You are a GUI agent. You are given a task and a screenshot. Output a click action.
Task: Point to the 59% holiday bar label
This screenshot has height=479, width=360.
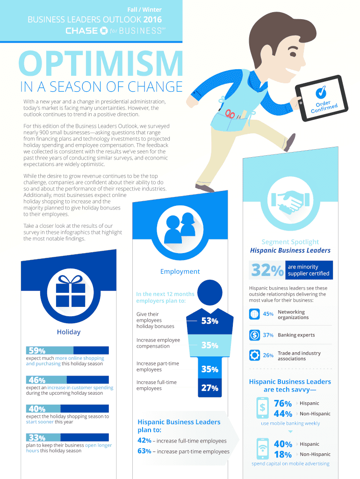coord(36,350)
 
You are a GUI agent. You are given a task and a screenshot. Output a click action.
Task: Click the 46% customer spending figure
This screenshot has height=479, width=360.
coord(36,380)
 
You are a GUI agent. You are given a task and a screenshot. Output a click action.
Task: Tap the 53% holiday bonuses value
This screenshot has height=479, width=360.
coord(209,321)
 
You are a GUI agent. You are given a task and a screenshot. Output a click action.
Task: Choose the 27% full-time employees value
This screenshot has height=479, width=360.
coord(209,388)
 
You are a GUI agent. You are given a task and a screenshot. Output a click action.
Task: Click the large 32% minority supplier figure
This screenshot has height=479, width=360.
coord(267,270)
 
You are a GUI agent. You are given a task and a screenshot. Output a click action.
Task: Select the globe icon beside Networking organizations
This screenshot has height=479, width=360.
coord(255,314)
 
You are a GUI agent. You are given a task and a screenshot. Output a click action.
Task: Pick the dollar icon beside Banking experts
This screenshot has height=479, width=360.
coord(255,335)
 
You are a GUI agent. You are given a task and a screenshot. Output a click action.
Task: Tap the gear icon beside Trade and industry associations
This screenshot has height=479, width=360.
coord(255,355)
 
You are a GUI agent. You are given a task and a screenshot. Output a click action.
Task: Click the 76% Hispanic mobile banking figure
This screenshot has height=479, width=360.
coord(283,403)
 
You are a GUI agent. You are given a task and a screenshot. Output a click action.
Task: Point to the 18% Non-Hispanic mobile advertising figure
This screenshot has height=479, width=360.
coord(283,455)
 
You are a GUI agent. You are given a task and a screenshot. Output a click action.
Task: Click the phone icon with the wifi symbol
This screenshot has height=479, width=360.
coord(262,449)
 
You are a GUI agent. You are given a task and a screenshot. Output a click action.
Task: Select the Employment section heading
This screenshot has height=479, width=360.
coord(180,271)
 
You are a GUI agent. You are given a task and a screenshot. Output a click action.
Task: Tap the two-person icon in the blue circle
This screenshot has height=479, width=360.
coord(180,223)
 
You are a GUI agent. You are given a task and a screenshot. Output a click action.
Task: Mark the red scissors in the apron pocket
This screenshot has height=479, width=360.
coord(230,113)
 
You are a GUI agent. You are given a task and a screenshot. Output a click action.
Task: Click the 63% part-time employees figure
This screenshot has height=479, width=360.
coord(144,451)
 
